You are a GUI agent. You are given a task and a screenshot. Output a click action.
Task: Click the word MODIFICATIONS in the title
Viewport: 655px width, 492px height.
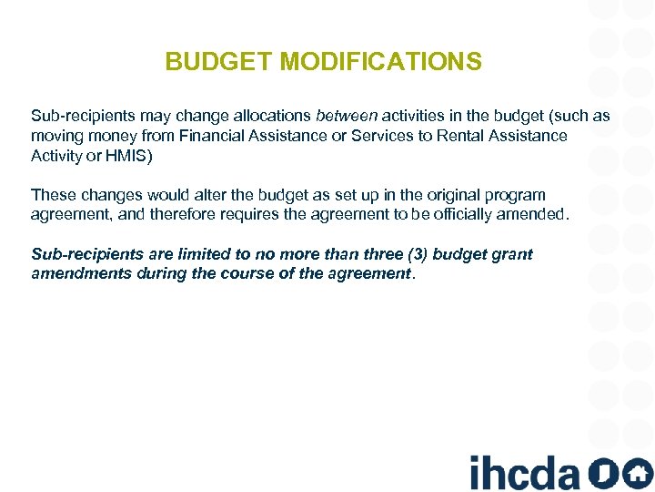381,62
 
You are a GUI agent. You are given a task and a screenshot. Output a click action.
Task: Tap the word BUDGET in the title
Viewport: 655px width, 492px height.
220,62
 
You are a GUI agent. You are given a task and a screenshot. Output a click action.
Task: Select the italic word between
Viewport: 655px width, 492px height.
347,117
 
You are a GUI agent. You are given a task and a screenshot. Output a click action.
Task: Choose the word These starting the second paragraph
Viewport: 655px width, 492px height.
51,195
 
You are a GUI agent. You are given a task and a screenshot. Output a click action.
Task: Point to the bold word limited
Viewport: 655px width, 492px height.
199,254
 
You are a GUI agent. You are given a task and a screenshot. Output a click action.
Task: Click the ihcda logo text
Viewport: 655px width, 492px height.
524,472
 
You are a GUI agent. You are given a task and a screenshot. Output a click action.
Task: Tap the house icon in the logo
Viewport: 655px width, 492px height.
637,473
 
